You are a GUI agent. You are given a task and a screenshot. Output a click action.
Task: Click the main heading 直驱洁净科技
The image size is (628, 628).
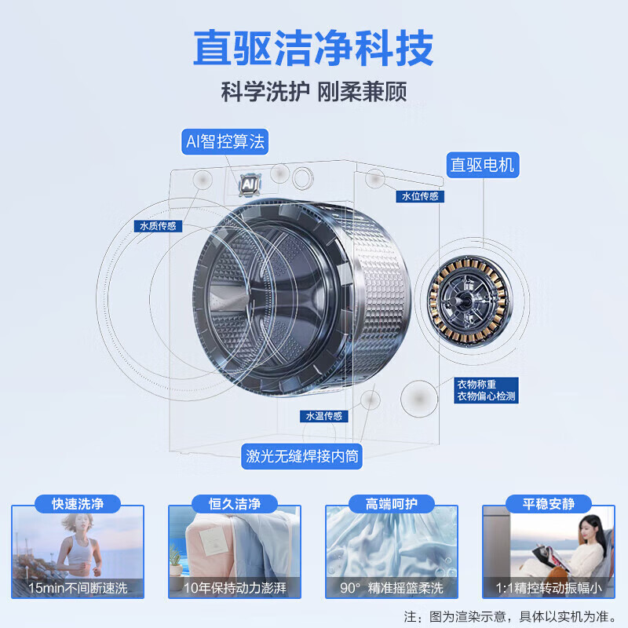(x=313, y=49)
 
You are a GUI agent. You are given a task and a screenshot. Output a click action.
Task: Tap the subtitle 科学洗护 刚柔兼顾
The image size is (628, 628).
(x=313, y=91)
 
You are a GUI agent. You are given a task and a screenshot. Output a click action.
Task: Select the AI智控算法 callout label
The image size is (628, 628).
(x=225, y=142)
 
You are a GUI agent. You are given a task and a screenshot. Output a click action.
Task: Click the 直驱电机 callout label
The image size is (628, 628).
(x=482, y=165)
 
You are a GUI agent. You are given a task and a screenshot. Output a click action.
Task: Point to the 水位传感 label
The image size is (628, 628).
(x=420, y=196)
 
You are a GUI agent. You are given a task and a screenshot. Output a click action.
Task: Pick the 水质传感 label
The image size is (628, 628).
(x=158, y=226)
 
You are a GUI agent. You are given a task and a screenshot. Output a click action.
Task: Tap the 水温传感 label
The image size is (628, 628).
(x=324, y=416)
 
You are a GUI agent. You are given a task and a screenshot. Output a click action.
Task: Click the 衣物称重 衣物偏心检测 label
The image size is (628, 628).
(x=486, y=390)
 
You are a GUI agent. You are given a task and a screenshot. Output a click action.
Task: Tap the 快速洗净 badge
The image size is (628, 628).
(x=78, y=503)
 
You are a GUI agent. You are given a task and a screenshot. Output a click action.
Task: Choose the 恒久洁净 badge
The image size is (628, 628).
(x=235, y=503)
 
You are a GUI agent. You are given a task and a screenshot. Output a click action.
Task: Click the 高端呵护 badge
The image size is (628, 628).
(x=392, y=503)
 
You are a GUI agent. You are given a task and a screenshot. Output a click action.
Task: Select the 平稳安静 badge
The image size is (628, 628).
(x=549, y=503)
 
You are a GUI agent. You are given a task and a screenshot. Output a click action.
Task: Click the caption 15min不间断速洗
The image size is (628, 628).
(x=78, y=586)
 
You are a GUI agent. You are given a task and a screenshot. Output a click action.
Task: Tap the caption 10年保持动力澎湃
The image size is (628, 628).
(x=235, y=586)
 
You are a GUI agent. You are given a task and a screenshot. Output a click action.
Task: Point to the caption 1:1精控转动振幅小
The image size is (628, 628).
(x=549, y=586)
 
